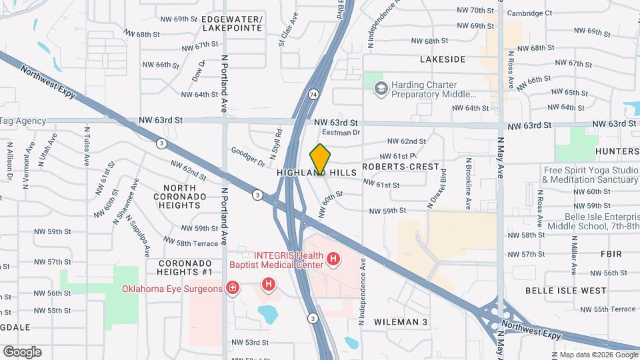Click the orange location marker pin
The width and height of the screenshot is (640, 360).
(x=320, y=159)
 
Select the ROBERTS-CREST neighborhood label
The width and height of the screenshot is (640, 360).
(x=401, y=166)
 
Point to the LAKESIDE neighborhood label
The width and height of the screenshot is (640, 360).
(x=443, y=59)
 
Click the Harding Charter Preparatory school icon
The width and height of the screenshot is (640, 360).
(x=381, y=89)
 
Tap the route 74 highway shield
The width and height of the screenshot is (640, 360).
(x=313, y=95)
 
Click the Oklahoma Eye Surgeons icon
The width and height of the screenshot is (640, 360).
(x=233, y=289)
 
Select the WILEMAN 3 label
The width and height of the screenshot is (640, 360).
(x=400, y=322)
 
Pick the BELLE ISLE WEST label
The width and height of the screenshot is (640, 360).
(x=566, y=291)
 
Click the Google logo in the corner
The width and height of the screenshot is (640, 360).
(x=23, y=351)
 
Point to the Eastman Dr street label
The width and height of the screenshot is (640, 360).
(x=345, y=133)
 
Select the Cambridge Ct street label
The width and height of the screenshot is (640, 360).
(x=529, y=13)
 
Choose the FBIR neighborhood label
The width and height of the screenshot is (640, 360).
(x=611, y=254)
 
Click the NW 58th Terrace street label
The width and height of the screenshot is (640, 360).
(x=189, y=244)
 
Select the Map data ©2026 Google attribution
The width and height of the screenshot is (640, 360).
(x=593, y=355)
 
